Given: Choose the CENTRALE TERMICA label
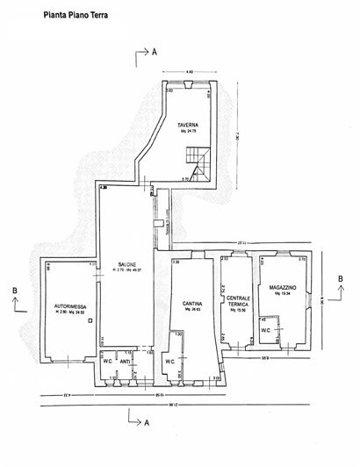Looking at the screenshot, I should point(237,298).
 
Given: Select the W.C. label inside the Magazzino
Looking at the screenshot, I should point(265,331).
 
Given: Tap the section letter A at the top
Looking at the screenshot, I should point(154,54).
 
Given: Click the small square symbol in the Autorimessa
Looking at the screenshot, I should point(92,321).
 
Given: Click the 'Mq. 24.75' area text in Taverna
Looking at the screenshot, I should point(186,132).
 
